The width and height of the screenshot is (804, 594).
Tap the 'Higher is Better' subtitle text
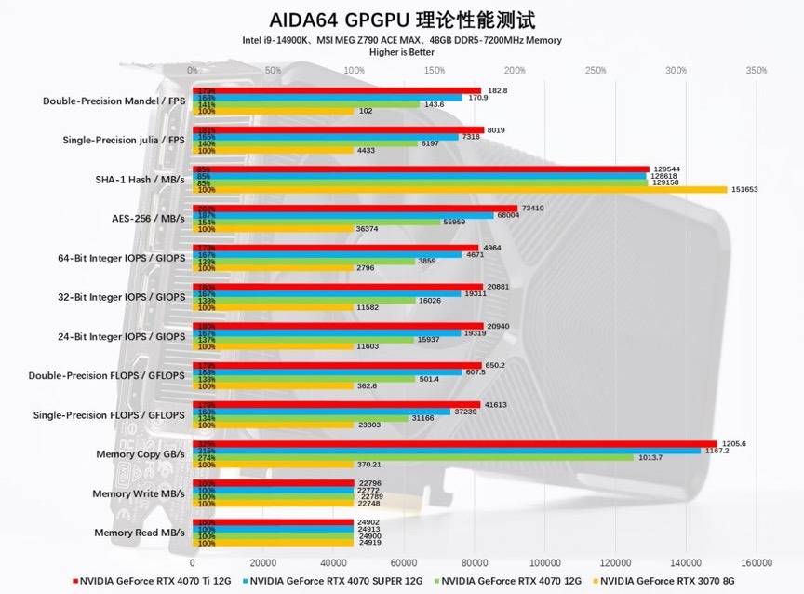401,52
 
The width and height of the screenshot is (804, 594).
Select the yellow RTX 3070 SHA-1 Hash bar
459,189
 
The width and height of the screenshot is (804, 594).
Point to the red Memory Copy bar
454,444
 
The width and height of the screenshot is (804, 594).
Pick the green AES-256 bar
315,223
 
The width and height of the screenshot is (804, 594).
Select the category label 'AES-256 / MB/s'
148,219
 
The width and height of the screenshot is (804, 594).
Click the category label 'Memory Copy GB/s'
141,454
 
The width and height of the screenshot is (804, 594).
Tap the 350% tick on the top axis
757,71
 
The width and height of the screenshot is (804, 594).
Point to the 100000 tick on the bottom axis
545,562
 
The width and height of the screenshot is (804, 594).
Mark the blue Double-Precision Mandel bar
327,98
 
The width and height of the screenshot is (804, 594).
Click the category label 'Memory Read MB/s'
140,533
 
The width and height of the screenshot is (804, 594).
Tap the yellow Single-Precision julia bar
273,150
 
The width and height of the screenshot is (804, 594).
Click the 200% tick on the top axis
515,71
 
